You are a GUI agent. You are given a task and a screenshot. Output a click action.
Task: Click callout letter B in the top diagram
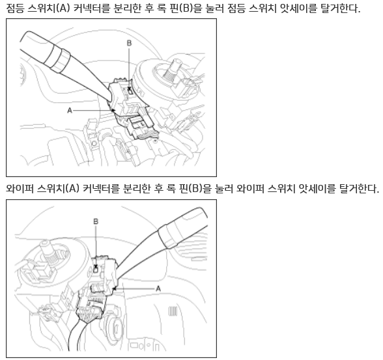pyautogui.click(x=129, y=43)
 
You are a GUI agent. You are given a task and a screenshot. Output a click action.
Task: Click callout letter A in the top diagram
pyautogui.click(x=70, y=111)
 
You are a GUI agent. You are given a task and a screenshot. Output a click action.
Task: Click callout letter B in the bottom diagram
pyautogui.click(x=96, y=221)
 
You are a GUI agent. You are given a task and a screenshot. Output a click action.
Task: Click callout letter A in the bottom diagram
pyautogui.click(x=158, y=289)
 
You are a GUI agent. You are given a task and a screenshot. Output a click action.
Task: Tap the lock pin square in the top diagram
pyautogui.click(x=130, y=92)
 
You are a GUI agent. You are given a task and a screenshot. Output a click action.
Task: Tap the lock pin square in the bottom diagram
pyautogui.click(x=96, y=270)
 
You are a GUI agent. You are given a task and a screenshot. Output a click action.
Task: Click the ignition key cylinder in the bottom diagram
pyautogui.click(x=115, y=328)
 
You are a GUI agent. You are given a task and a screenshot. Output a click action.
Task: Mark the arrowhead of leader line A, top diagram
pyautogui.click(x=113, y=110)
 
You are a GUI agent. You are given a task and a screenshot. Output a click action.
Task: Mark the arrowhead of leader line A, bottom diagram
pyautogui.click(x=114, y=289)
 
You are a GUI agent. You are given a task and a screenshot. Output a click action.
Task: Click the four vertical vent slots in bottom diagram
pyautogui.click(x=173, y=311)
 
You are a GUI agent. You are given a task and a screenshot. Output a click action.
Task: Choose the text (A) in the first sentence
pyautogui.click(x=63, y=8)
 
